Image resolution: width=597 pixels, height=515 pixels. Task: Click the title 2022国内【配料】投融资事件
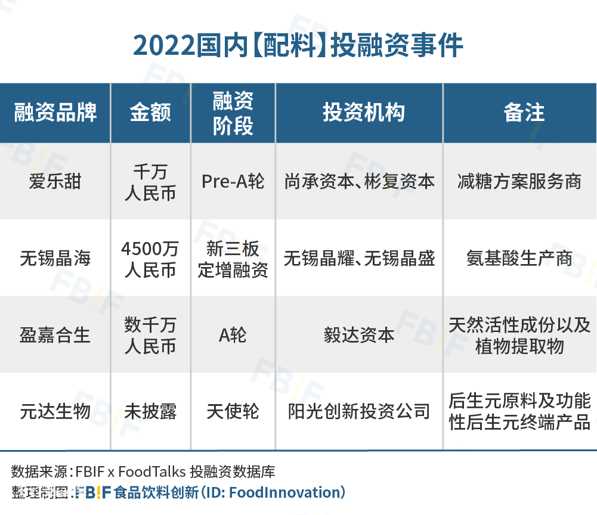pyautogui.click(x=298, y=46)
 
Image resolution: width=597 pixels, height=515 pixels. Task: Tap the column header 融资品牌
pyautogui.click(x=55, y=113)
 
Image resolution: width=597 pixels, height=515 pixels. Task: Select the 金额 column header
pyautogui.click(x=150, y=113)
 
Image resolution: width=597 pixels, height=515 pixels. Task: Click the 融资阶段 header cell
pyautogui.click(x=233, y=113)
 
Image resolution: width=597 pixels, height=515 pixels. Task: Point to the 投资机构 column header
pyautogui.click(x=364, y=113)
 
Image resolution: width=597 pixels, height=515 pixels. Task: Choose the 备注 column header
pyautogui.click(x=524, y=113)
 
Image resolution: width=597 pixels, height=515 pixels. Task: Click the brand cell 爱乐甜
pyautogui.click(x=55, y=181)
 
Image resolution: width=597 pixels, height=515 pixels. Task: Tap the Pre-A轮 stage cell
pyautogui.click(x=233, y=181)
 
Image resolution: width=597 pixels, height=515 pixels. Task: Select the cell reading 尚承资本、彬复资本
pyautogui.click(x=360, y=181)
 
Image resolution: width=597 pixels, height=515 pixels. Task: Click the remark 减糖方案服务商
pyautogui.click(x=519, y=181)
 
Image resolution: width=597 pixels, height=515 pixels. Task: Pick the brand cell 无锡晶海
pyautogui.click(x=55, y=259)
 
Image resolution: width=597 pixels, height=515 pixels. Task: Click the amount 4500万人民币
pyautogui.click(x=150, y=259)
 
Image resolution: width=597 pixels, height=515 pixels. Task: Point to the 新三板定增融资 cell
pyautogui.click(x=233, y=259)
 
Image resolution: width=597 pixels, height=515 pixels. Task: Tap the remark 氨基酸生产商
pyautogui.click(x=519, y=259)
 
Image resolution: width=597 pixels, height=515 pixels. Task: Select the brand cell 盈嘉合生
pyautogui.click(x=55, y=336)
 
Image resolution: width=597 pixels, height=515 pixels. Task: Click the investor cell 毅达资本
pyautogui.click(x=360, y=336)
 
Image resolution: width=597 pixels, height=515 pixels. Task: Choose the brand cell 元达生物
pyautogui.click(x=55, y=411)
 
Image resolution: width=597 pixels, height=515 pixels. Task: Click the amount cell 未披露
pyautogui.click(x=150, y=411)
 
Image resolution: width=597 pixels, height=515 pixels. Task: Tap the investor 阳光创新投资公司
pyautogui.click(x=360, y=411)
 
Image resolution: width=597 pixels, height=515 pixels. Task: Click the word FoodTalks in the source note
pyautogui.click(x=152, y=471)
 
